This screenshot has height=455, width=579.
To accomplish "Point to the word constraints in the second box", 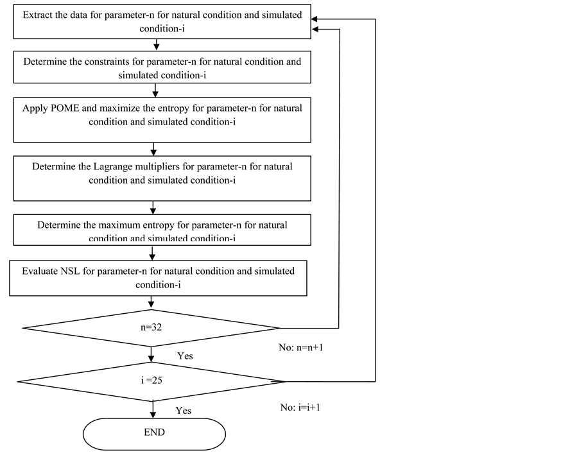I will (x=96, y=62).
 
